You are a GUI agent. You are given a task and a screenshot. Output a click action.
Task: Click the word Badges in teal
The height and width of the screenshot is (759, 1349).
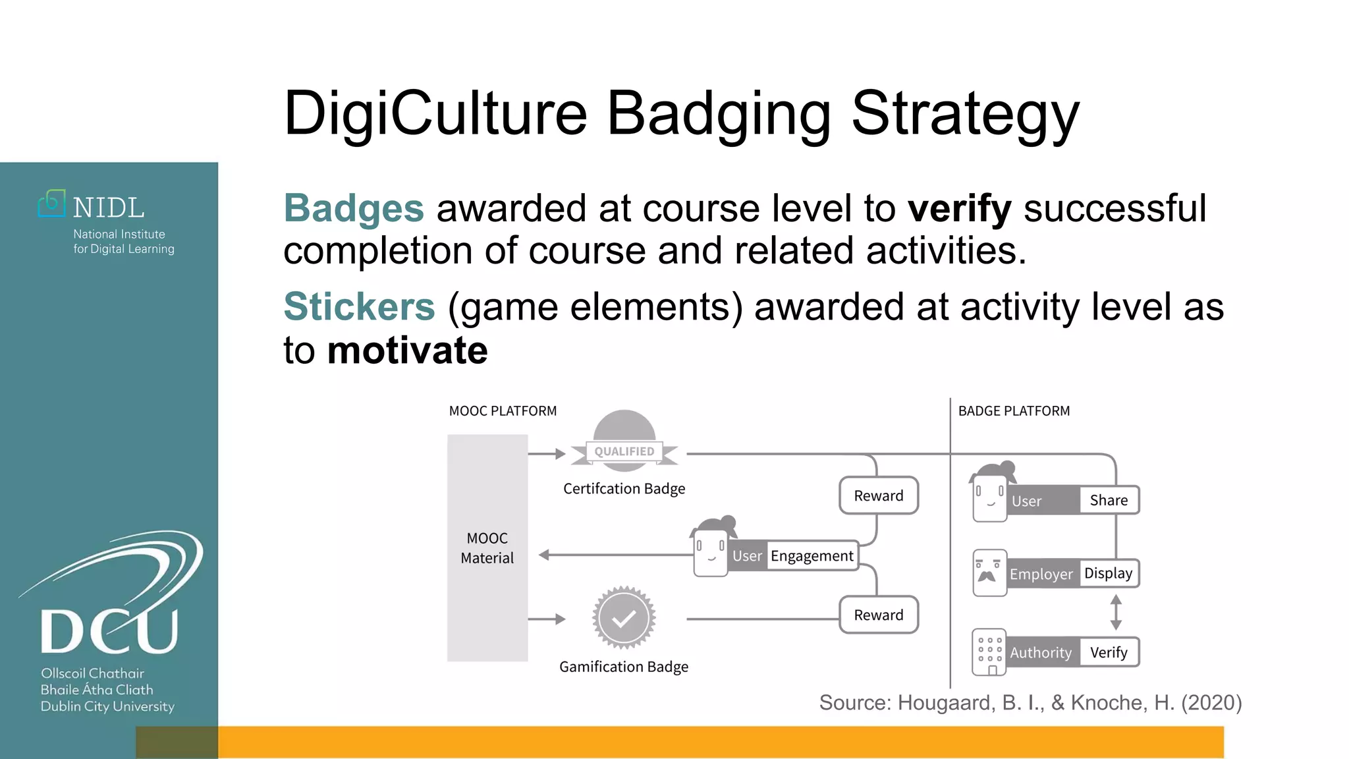pos(354,209)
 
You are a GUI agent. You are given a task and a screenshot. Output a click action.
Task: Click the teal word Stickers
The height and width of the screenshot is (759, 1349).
pos(359,307)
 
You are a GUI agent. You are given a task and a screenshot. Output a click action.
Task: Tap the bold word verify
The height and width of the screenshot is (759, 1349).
pos(959,209)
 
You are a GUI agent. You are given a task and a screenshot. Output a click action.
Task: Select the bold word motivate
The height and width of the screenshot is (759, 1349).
pos(407,351)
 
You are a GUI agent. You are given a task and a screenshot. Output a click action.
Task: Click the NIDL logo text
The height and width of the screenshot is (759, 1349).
pos(108,208)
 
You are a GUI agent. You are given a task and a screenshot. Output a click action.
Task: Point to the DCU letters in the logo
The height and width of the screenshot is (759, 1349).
pos(109,631)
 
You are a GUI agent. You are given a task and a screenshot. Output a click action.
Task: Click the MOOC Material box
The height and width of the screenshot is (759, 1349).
pos(487,548)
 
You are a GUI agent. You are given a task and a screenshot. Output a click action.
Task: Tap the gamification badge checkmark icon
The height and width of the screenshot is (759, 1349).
pos(623,618)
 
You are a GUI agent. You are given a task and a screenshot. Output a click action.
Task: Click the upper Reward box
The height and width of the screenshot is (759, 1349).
pos(878,495)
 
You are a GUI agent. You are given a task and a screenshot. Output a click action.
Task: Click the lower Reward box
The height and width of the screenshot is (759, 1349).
pos(878,615)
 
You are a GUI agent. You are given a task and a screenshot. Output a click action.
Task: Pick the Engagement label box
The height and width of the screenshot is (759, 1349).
pos(812,556)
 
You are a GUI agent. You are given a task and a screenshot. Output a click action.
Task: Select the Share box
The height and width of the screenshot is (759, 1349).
pos(1109,501)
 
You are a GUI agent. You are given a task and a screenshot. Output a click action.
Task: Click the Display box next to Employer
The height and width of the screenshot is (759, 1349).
pos(1108,573)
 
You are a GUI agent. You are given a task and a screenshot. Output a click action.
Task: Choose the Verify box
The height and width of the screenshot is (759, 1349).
pos(1109,652)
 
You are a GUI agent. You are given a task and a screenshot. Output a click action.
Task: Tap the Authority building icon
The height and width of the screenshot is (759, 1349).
pos(989,652)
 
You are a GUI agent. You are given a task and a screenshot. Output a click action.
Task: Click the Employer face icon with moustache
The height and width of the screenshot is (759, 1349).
pos(989,573)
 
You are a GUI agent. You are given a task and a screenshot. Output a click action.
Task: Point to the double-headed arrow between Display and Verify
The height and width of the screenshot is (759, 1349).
pos(1116,612)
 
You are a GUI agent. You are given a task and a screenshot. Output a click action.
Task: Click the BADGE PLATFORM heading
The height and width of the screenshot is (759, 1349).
pos(1014,411)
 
